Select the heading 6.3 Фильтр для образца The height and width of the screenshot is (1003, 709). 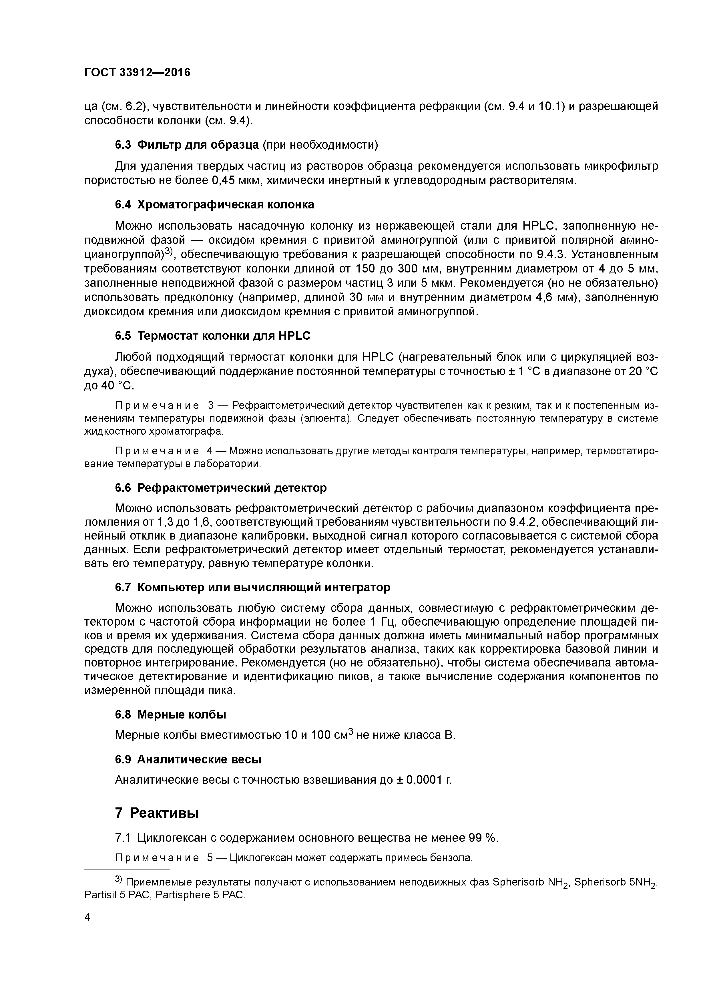pos(187,145)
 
